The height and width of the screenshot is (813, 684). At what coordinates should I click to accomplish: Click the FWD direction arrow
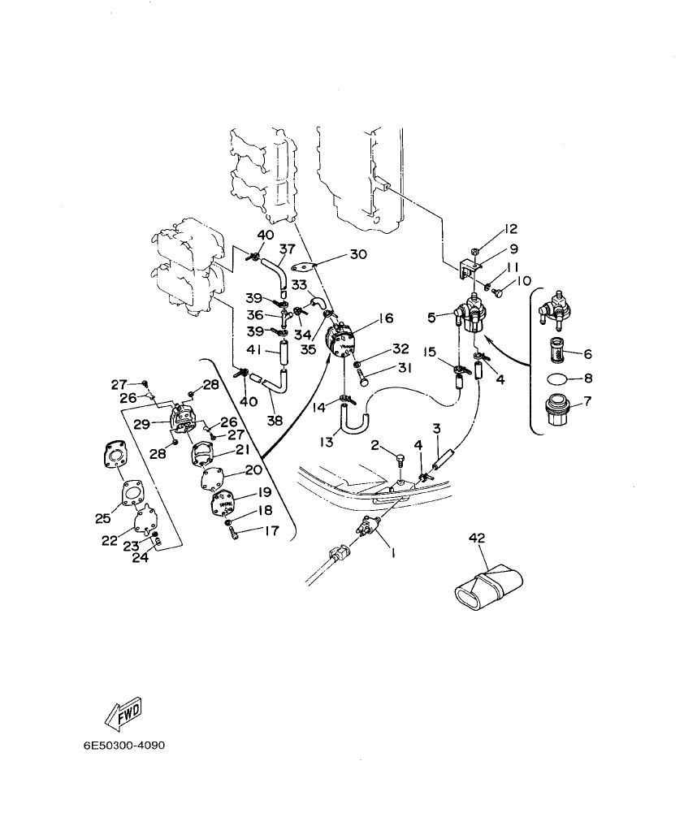click(x=123, y=716)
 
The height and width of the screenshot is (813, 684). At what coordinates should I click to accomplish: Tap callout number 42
click(x=477, y=537)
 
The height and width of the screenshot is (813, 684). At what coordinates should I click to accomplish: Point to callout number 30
click(x=358, y=254)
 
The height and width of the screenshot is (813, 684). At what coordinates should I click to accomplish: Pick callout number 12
click(x=511, y=230)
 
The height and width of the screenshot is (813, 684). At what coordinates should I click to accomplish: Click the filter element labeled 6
click(x=557, y=351)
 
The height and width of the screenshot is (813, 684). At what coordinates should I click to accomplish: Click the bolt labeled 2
click(x=400, y=462)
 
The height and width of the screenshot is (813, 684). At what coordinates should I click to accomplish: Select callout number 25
click(x=102, y=518)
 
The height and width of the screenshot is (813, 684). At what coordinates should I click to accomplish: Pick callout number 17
click(x=271, y=531)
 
